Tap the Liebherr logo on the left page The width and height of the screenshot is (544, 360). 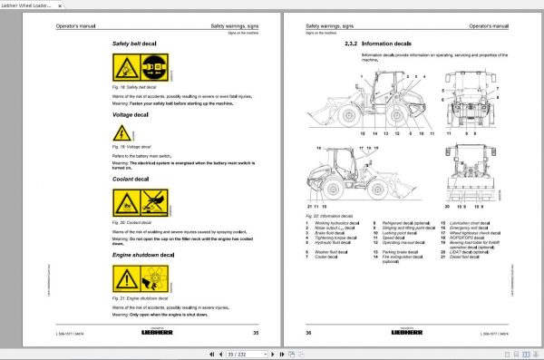point(178,336)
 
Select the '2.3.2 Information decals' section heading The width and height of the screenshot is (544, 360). point(378,43)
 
